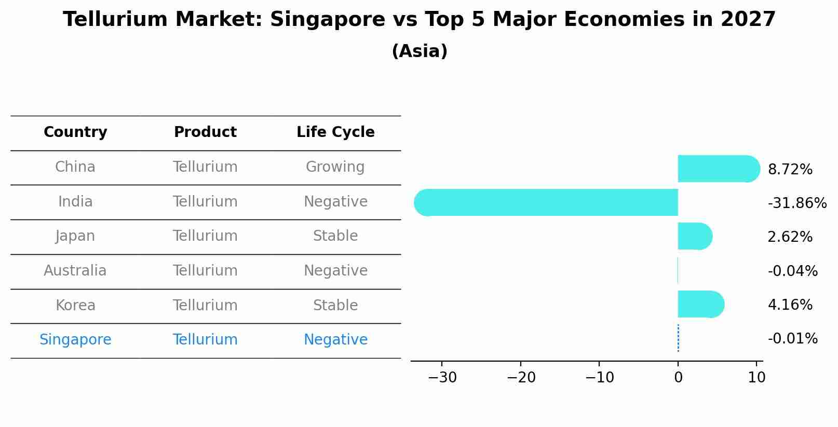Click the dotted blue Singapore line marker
click(678, 338)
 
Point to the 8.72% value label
click(790, 170)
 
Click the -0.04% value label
click(792, 271)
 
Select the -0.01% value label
click(792, 339)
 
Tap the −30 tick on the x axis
click(442, 378)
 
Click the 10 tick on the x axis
click(756, 378)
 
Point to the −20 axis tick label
click(521, 378)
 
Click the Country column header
click(75, 132)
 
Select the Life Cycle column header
click(335, 132)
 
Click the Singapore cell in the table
click(75, 340)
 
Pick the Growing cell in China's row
click(335, 167)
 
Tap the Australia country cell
click(75, 271)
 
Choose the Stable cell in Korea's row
click(335, 306)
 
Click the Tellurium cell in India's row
click(205, 202)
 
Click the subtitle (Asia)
click(420, 51)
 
